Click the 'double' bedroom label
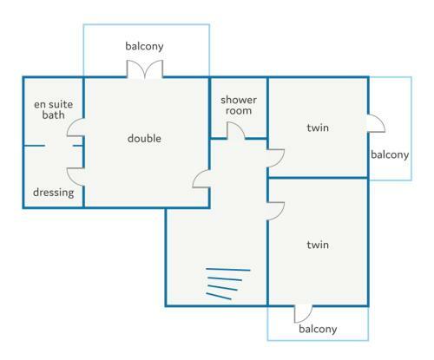coord(144,139)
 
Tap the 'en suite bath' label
coord(54,109)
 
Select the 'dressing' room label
coord(54,193)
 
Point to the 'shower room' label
coord(239,105)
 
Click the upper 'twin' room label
coord(318,128)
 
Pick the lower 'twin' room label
coord(318,245)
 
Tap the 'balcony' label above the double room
coord(144,46)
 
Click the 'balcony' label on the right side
coord(390,155)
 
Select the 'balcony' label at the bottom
coord(318,329)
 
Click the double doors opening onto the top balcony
coord(145,69)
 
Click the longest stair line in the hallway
coord(228,270)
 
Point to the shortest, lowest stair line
coord(219,297)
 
